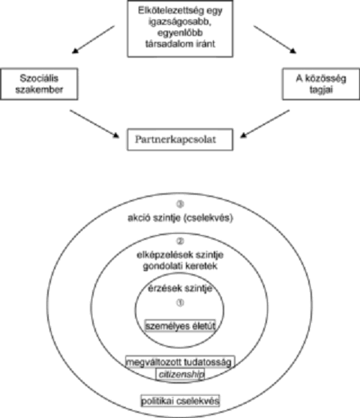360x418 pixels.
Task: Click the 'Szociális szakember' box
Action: point(39,84)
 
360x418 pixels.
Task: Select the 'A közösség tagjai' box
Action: point(321,84)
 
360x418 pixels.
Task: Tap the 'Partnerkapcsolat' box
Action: point(180,139)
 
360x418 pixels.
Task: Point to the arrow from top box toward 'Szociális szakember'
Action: point(94,40)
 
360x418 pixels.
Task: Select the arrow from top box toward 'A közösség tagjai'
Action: point(274,40)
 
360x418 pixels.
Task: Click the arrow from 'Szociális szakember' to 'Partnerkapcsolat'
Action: point(94,124)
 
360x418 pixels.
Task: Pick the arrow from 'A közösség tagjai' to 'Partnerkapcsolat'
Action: point(265,124)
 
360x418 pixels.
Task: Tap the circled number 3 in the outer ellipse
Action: point(180,205)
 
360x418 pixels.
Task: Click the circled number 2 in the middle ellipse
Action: point(180,241)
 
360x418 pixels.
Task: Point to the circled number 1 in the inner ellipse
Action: point(180,303)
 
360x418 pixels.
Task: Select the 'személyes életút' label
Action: point(180,326)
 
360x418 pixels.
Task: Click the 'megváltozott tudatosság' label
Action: point(180,362)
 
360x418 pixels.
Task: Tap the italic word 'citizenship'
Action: point(181,375)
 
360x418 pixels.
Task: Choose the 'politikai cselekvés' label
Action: point(180,401)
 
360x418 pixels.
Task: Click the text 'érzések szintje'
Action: point(180,288)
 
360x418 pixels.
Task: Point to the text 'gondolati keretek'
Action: point(180,266)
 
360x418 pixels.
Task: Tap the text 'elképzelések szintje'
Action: point(180,255)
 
